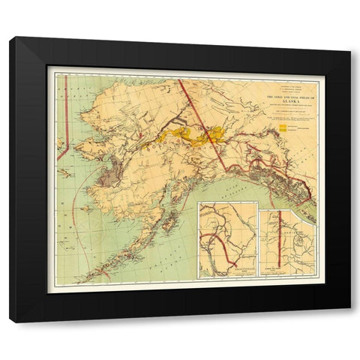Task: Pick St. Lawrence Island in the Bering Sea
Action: point(66,172)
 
